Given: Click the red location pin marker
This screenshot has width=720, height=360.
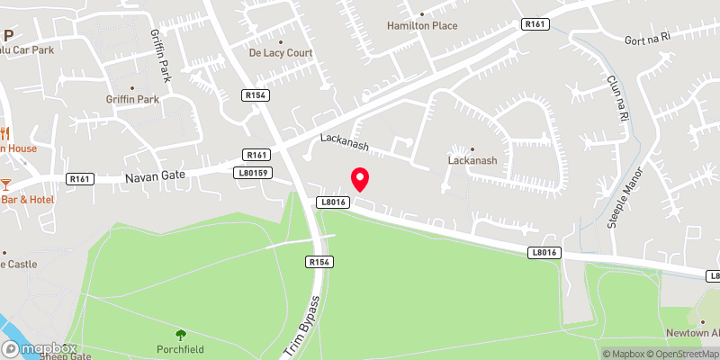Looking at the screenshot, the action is (x=360, y=178).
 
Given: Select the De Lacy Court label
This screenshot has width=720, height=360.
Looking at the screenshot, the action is (x=281, y=53).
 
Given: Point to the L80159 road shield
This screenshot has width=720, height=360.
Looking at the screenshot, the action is (x=252, y=172).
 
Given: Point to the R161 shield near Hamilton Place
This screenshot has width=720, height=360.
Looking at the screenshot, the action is (x=535, y=25).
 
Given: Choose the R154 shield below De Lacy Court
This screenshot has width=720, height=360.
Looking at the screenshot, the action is (x=256, y=94).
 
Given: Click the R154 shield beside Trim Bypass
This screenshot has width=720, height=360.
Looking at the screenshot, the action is (x=317, y=262).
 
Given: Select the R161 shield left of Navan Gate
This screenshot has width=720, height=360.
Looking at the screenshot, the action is (x=80, y=179).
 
